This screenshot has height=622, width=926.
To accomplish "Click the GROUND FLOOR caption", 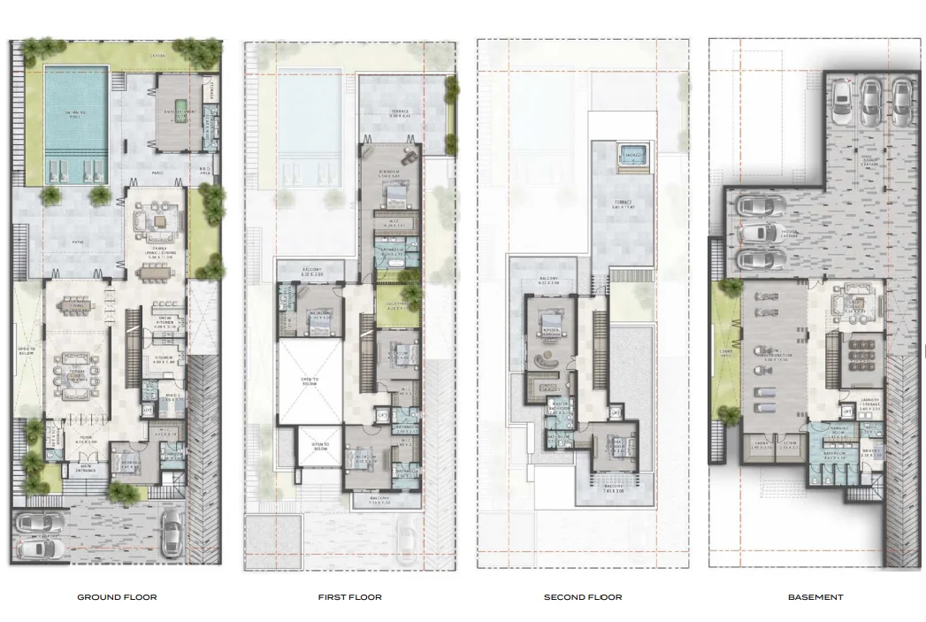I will (117, 597).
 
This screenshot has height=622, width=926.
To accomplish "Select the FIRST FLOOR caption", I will (349, 597).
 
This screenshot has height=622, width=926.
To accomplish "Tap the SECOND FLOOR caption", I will (582, 597).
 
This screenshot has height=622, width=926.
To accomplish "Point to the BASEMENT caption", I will (815, 597).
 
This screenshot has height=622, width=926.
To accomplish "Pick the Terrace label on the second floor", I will (624, 203).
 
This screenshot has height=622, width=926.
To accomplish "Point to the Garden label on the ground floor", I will (158, 55).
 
